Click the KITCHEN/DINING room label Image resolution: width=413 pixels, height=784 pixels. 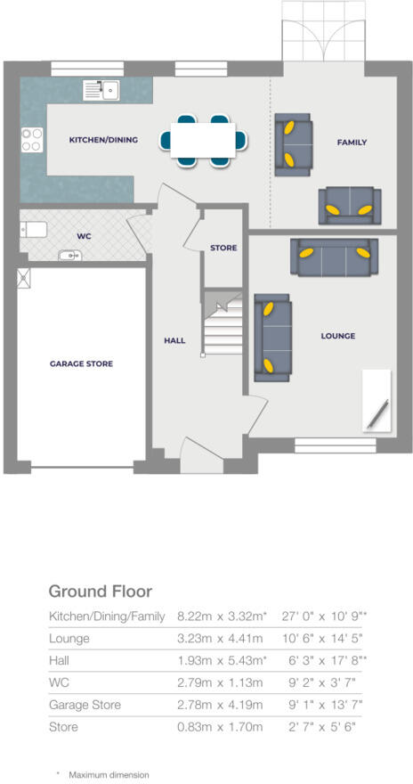tap(103, 140)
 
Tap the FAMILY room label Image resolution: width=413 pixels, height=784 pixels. tap(352, 143)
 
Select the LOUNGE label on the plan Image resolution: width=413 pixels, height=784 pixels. tap(337, 336)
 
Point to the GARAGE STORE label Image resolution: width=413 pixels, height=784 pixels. tap(81, 363)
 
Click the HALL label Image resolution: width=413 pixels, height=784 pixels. tap(174, 339)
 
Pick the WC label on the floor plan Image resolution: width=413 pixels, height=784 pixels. tap(85, 237)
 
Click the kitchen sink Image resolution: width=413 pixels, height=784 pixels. tap(102, 89)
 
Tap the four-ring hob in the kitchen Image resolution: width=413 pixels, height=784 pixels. tap(32, 140)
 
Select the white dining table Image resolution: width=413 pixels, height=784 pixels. tap(203, 140)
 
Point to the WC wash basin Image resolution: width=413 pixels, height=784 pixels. tap(69, 255)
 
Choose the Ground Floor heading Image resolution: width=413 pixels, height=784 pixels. tap(100, 592)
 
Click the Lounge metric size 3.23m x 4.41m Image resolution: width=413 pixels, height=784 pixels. tap(221, 639)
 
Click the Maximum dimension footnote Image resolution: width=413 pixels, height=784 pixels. tap(109, 775)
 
